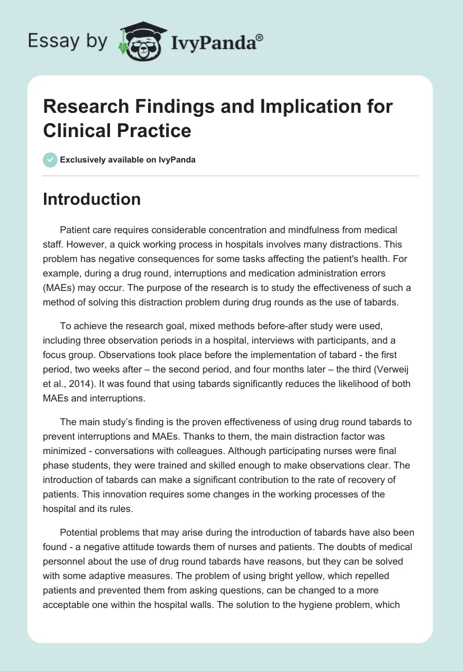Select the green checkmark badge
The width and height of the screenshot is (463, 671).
pyautogui.click(x=50, y=160)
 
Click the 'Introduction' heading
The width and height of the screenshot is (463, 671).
pyautogui.click(x=91, y=199)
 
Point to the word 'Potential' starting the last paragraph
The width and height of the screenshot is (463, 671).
pyautogui.click(x=80, y=532)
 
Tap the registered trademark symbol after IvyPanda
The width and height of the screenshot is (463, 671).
pyautogui.click(x=260, y=36)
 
